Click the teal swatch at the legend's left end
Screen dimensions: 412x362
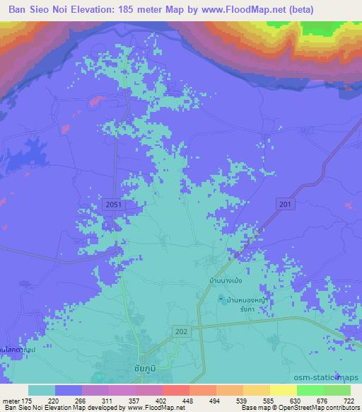point(42,390)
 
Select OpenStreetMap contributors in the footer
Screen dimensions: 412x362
point(326,408)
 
